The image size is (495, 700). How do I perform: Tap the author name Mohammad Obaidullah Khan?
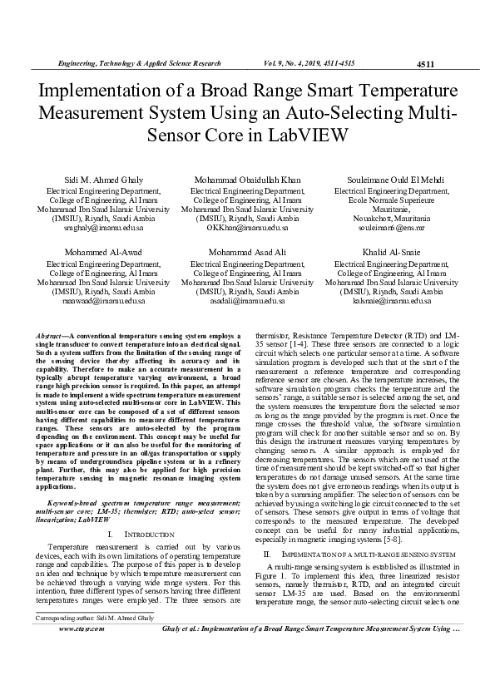tap(246, 180)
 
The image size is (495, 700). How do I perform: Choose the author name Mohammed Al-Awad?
tap(99, 251)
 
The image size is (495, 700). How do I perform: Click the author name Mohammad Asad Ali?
tap(246, 251)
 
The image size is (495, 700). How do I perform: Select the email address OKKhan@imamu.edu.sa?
tap(246, 227)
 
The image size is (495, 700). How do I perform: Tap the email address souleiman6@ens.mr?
tap(390, 227)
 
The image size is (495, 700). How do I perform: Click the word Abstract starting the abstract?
tap(52, 333)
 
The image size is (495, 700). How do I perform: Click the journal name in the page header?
tap(138, 63)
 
